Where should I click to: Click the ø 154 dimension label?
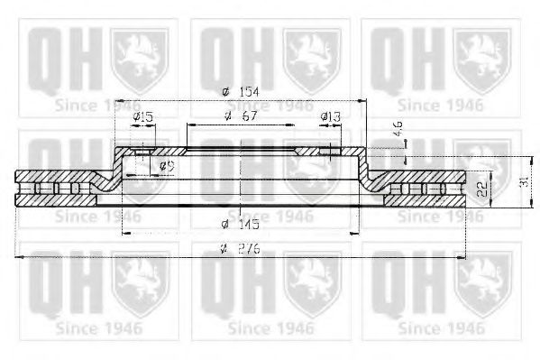[237, 92]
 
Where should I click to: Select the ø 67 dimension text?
[238, 117]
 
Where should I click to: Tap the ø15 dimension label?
[142, 117]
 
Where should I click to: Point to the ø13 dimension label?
[331, 117]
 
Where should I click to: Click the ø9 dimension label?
[166, 166]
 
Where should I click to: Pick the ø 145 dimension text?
[236, 224]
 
